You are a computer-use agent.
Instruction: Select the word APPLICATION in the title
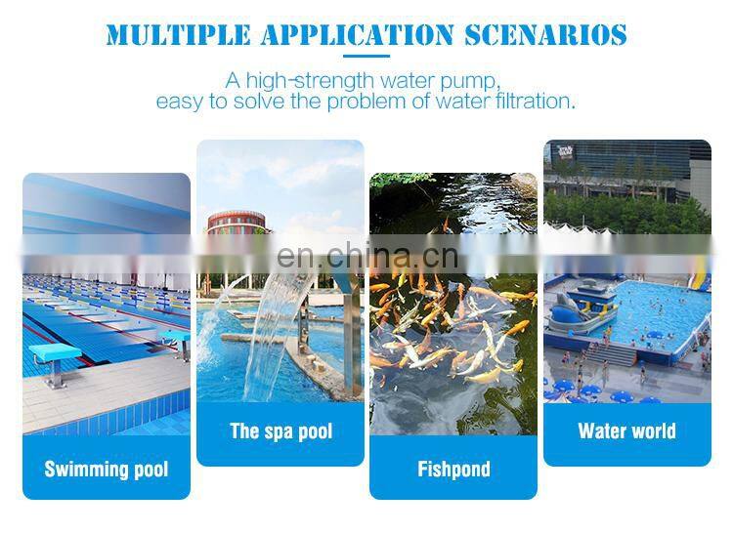[356, 36]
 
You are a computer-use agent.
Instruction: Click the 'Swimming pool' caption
[107, 470]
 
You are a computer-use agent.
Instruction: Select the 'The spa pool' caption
[280, 431]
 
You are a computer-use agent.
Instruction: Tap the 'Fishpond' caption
[453, 470]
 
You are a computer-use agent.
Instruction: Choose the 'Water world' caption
[626, 431]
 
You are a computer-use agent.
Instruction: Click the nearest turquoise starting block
[50, 355]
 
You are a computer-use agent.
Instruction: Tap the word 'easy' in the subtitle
[178, 101]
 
